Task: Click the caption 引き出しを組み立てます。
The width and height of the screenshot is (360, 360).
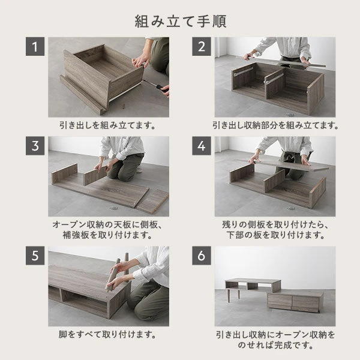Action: pos(107,126)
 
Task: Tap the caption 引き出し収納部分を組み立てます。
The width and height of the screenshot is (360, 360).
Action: pos(275,126)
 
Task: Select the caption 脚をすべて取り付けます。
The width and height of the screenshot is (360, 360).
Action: pos(107,334)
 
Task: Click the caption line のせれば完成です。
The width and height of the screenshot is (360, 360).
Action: pos(275,346)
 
